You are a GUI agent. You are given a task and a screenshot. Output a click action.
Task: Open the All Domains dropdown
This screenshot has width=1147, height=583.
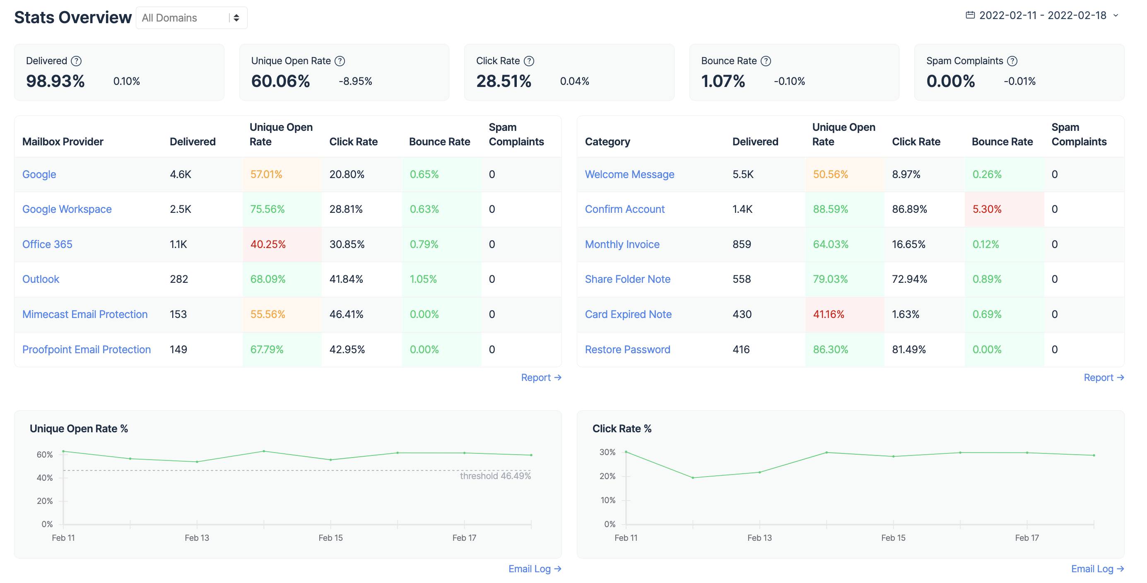point(191,18)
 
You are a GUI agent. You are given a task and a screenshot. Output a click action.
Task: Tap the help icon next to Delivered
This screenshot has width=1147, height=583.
point(77,61)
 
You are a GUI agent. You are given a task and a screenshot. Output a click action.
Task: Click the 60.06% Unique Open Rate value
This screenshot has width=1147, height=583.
point(280,81)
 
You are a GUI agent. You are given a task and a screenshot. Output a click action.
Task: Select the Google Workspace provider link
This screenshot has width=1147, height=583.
point(67,210)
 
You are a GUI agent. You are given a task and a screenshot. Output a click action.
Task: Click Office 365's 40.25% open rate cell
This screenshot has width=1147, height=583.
point(268,245)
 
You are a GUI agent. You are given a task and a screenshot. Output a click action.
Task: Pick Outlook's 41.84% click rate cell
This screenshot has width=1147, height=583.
point(346,279)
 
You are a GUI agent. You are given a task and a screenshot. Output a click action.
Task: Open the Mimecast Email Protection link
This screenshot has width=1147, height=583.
point(84,314)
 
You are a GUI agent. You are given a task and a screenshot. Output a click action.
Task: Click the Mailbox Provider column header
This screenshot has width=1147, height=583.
point(63,142)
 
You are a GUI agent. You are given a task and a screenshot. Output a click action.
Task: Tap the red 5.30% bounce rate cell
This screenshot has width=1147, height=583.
point(986,210)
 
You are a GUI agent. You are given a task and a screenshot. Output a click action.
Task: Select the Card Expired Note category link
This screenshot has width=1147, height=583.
point(628,314)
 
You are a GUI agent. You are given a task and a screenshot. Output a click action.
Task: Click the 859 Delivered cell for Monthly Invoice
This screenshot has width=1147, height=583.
point(741,245)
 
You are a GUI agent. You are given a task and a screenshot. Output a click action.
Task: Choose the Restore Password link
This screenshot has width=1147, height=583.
point(627,349)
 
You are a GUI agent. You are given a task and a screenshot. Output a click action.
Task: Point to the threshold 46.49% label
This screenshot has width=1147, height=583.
point(495,476)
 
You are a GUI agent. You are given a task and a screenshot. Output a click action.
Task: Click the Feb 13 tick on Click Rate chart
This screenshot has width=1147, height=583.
point(759,537)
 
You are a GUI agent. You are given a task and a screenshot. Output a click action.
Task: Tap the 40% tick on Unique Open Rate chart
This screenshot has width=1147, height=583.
point(45,478)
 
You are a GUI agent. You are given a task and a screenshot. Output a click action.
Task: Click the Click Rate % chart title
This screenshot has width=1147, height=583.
point(621,429)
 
